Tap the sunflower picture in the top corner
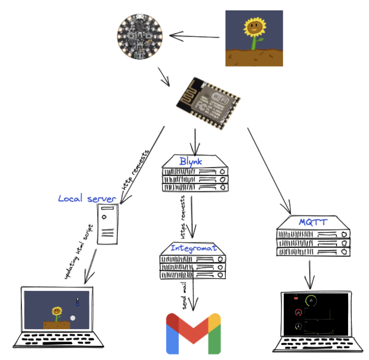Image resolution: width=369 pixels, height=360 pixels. (x=254, y=38)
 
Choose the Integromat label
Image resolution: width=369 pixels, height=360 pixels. (x=193, y=247)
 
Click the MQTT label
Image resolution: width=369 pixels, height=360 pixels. (x=313, y=222)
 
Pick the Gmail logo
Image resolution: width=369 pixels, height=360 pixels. (x=193, y=334)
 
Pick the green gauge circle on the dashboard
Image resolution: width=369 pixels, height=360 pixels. (x=313, y=301)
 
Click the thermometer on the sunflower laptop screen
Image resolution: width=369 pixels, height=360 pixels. (x=76, y=302)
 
